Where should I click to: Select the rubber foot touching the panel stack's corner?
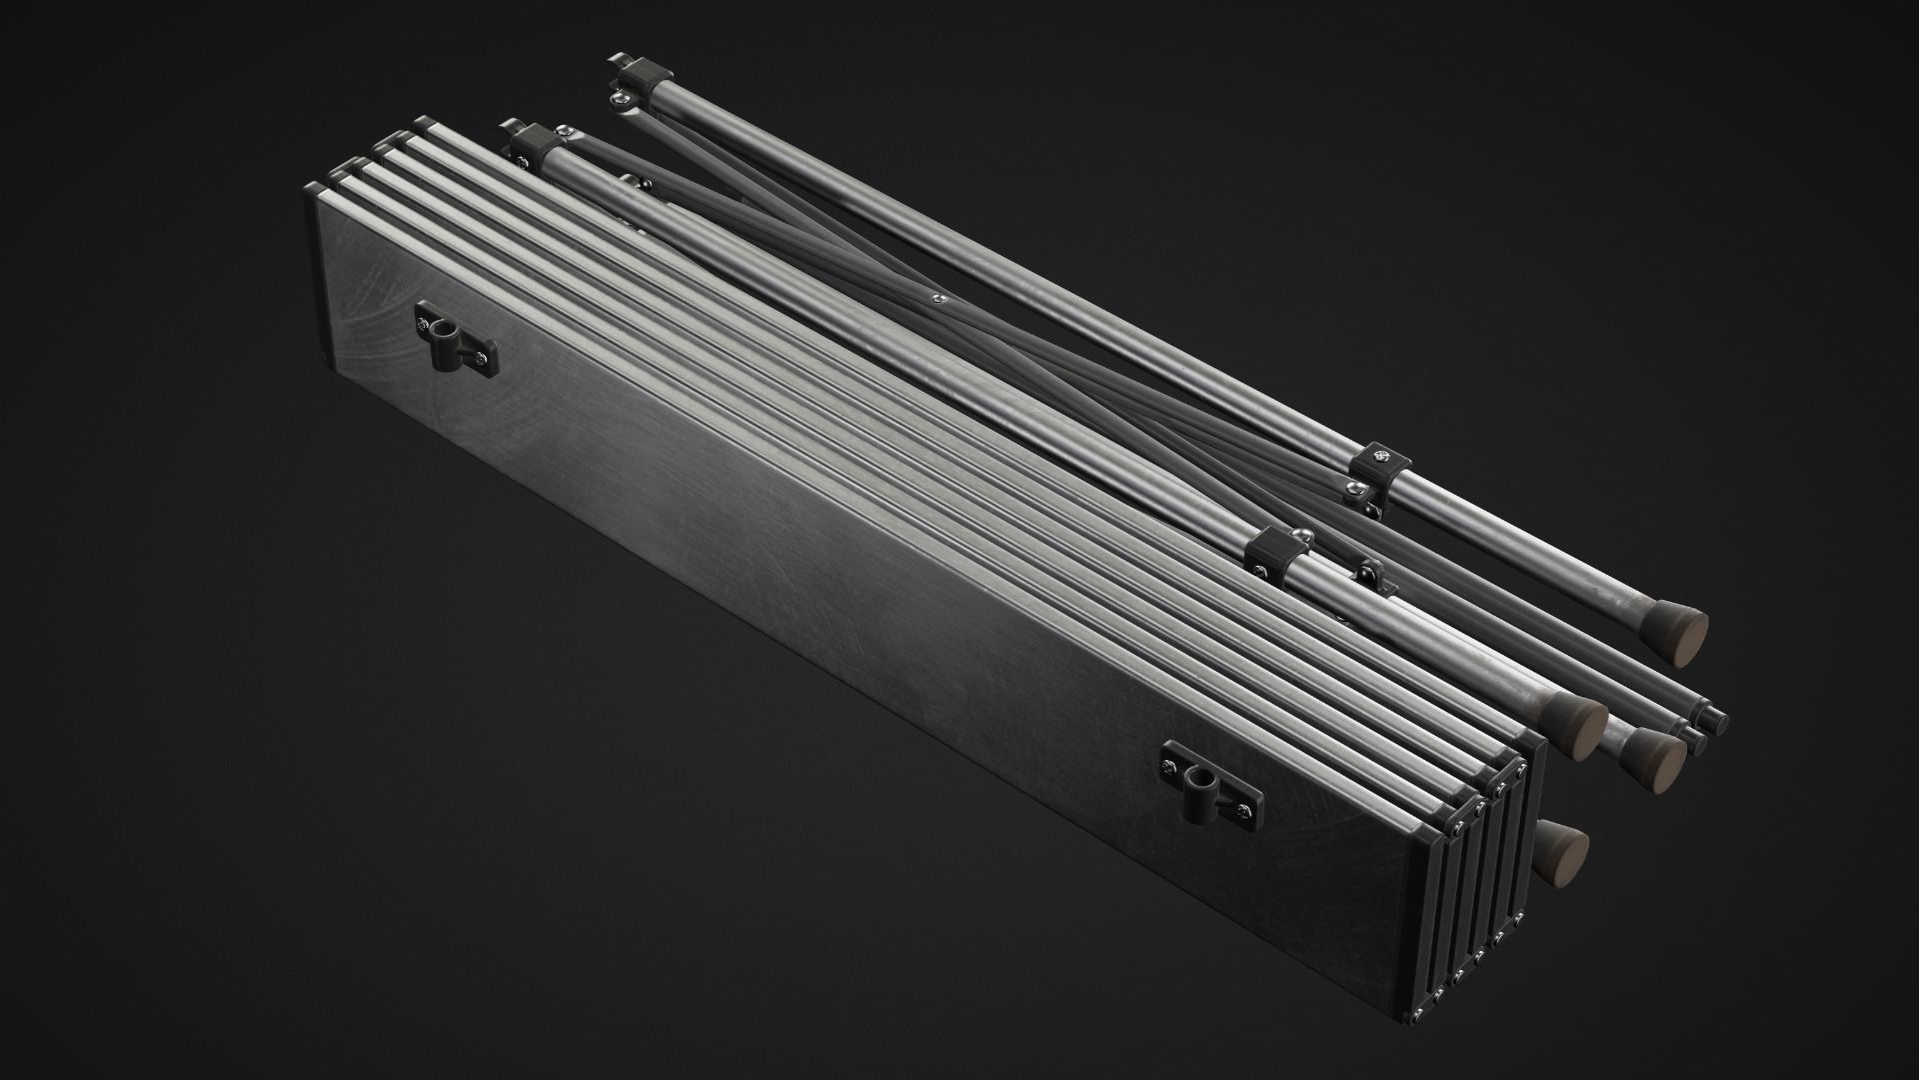(1578, 722)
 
